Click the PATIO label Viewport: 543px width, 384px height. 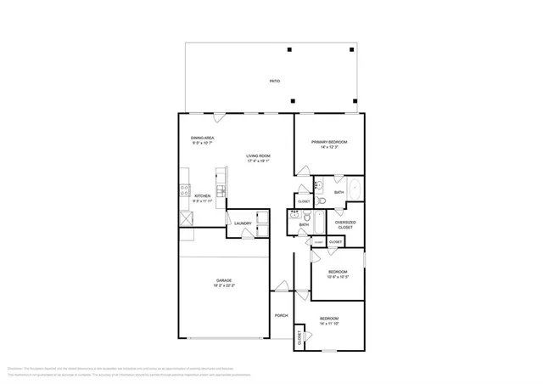coord(275,81)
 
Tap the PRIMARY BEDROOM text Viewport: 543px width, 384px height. coord(329,142)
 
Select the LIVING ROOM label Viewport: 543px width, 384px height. coord(258,155)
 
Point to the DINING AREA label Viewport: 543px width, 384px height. coord(202,138)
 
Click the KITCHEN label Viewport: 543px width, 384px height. coord(202,196)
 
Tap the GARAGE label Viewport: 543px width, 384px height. coord(224,280)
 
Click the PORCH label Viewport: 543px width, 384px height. coord(282,315)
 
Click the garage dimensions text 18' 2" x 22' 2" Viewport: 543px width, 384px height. coord(224,286)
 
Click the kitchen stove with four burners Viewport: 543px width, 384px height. coord(183,193)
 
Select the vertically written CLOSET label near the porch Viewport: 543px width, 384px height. coord(299,337)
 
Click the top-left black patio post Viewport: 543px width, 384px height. coord(289,50)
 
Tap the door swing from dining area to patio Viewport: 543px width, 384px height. coord(219,117)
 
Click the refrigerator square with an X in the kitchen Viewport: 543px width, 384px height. coord(184,218)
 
